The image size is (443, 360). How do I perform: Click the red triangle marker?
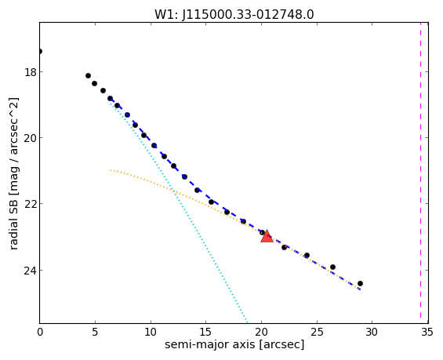pyautogui.click(x=267, y=237)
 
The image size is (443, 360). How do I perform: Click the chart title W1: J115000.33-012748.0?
pyautogui.click(x=234, y=14)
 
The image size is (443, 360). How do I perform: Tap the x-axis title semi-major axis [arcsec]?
pyautogui.click(x=234, y=344)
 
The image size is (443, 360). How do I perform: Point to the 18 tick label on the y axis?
pyautogui.click(x=31, y=72)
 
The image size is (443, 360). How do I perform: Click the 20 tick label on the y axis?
pyautogui.click(x=31, y=138)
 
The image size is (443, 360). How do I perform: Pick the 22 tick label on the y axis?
pyautogui.click(x=31, y=204)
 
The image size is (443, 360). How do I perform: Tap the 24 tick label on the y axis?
pyautogui.click(x=31, y=271)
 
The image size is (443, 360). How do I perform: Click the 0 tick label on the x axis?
pyautogui.click(x=40, y=332)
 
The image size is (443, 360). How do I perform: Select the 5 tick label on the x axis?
pyautogui.click(x=95, y=332)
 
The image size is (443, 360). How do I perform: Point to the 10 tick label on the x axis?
pyautogui.click(x=151, y=332)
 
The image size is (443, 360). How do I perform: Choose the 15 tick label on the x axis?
pyautogui.click(x=205, y=332)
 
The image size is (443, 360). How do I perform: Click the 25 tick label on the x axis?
pyautogui.click(x=317, y=332)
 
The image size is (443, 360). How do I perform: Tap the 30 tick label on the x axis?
pyautogui.click(x=372, y=332)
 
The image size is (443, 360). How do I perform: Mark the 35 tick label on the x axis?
pyautogui.click(x=427, y=332)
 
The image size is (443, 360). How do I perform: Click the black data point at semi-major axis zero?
pyautogui.click(x=40, y=51)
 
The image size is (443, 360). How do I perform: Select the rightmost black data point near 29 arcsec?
pyautogui.click(x=360, y=283)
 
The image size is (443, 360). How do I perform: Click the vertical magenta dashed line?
pyautogui.click(x=421, y=173)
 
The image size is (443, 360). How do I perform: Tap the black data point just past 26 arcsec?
pyautogui.click(x=332, y=267)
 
